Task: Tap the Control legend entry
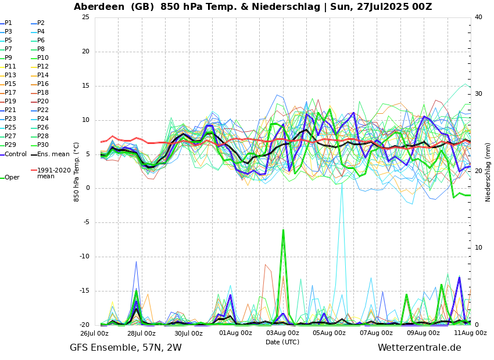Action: coord(16,154)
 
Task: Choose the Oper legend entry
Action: coord(12,178)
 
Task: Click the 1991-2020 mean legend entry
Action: coord(53,173)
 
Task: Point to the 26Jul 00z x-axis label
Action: coord(94,333)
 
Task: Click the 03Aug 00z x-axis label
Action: coord(282,333)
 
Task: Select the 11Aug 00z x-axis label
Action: coord(470,333)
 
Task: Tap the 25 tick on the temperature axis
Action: coord(85,17)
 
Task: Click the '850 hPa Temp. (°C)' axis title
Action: coord(77,172)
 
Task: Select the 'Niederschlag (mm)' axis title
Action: coord(488,172)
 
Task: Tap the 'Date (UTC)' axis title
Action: coord(282,343)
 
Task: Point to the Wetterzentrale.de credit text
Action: coord(419,348)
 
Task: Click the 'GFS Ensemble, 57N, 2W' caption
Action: coord(126,348)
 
